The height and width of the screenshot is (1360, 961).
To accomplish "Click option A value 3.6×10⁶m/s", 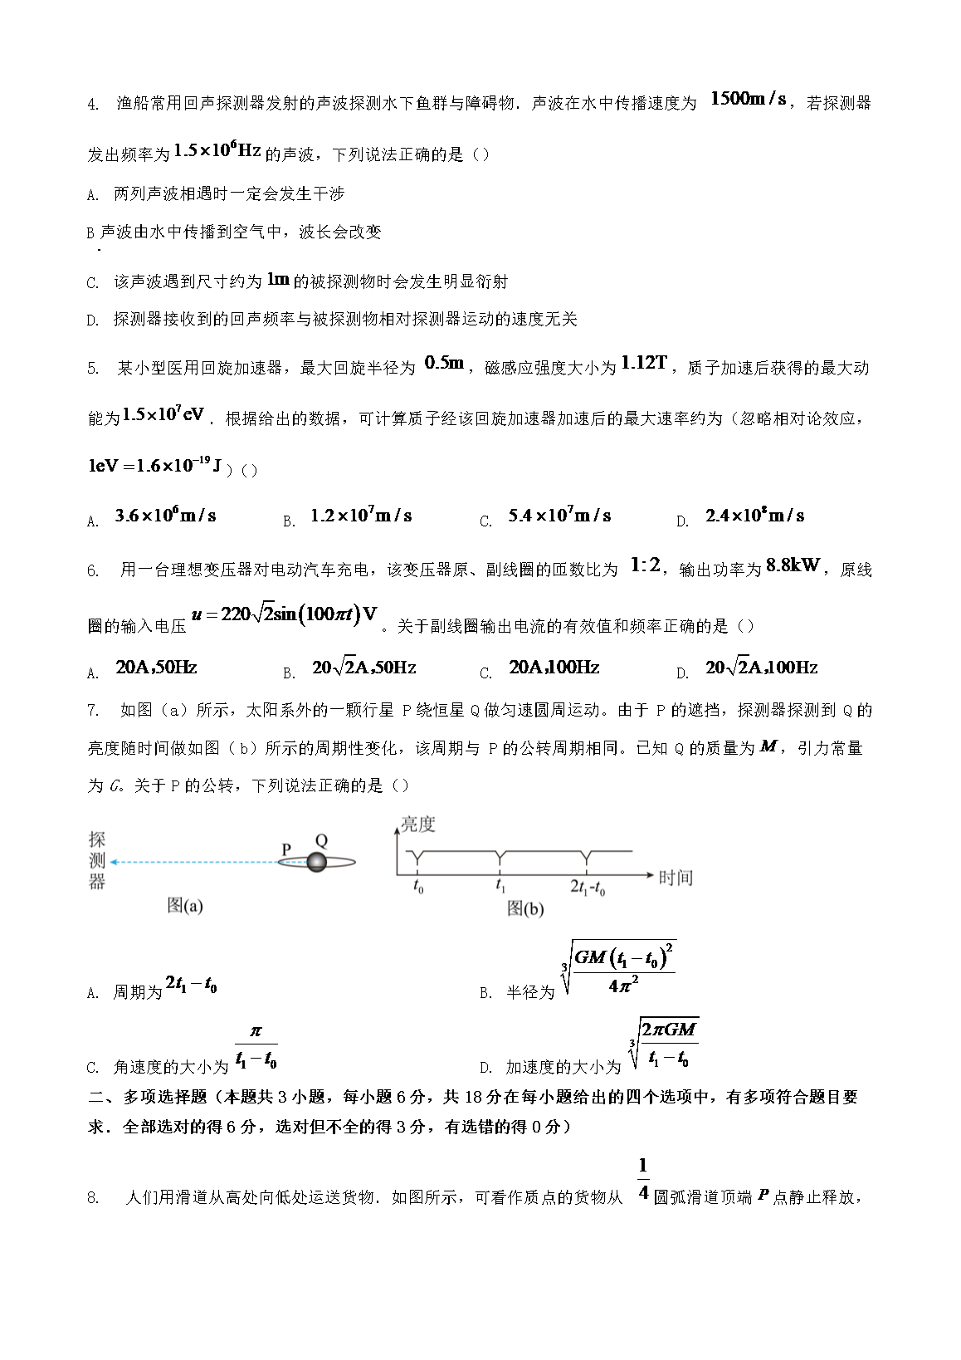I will coord(165,516).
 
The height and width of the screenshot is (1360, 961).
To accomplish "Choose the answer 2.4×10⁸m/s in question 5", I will coord(754,516).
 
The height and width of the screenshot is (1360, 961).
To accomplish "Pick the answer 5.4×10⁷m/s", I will coord(559,516).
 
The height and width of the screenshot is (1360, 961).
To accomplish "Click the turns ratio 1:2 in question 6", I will coord(645,566).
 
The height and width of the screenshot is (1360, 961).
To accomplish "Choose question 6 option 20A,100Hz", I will coord(554,668).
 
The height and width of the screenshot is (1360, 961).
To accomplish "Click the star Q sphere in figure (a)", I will coord(316,862).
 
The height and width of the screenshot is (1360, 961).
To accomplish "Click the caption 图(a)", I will coord(184,905).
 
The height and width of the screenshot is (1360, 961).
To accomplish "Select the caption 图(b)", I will coord(525,908).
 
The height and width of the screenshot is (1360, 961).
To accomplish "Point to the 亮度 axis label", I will coord(417,824).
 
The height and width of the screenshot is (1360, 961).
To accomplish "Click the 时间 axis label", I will coord(675,878).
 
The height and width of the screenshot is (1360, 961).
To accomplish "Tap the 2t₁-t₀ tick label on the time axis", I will coord(588,888).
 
